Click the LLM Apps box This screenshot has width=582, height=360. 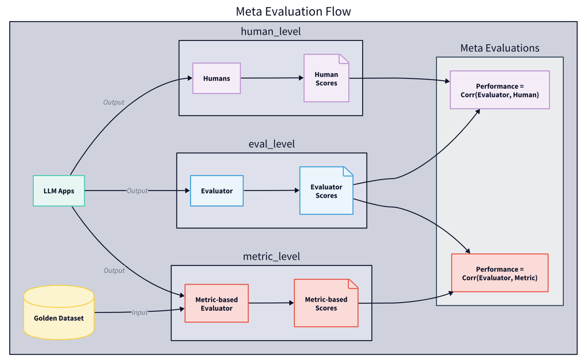coord(59,191)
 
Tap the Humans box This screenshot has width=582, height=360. coord(217,79)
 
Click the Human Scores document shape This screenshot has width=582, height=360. coord(326,79)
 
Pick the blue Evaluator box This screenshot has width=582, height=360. coord(217,191)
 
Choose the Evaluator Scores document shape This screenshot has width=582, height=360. coord(326,191)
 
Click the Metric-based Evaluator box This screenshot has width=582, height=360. coord(217,304)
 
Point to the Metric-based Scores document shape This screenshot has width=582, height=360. coord(326,304)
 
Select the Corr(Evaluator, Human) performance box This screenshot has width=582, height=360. coord(500,90)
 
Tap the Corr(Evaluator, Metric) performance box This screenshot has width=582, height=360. coord(500,273)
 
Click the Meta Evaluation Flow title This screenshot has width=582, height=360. coord(293,11)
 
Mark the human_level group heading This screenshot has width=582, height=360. coord(271,32)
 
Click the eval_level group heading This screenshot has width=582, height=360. coord(271,144)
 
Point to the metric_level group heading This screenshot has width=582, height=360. coord(271,257)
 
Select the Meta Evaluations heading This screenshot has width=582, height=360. coord(500,48)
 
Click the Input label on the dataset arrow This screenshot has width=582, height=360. coord(140,313)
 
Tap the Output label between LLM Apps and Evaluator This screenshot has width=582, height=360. coord(137,191)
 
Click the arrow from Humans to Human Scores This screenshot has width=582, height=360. coord(272,78)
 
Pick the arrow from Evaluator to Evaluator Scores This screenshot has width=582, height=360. coord(271,191)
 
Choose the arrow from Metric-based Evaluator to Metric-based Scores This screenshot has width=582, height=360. coord(271,303)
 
